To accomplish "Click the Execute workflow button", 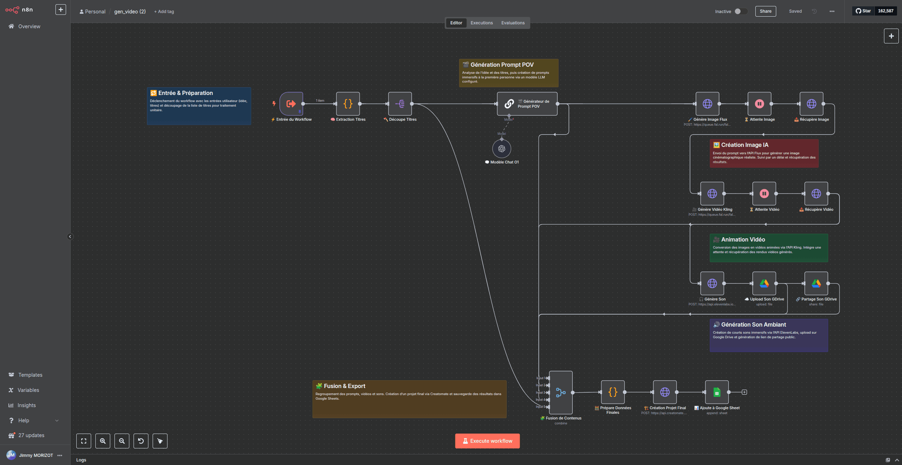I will (x=487, y=441).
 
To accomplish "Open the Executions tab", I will (x=481, y=23).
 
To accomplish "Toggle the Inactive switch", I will (x=740, y=11).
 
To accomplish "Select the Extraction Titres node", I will (x=348, y=104).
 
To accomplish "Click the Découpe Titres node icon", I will (x=400, y=104).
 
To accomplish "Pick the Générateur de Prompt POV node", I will (x=527, y=104).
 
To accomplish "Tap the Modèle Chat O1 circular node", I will (x=501, y=149).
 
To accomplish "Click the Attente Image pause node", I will (x=759, y=104).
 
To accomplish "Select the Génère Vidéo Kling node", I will (x=712, y=193).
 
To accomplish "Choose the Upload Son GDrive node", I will (x=764, y=283).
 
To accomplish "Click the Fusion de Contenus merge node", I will (x=561, y=392).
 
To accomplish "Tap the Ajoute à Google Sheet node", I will (x=717, y=392).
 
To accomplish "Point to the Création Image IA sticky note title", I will (x=744, y=145).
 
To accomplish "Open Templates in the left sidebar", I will (x=30, y=375).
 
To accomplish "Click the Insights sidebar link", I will (x=26, y=405).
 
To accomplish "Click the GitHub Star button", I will (x=863, y=11).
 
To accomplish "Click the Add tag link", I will (x=164, y=12).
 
